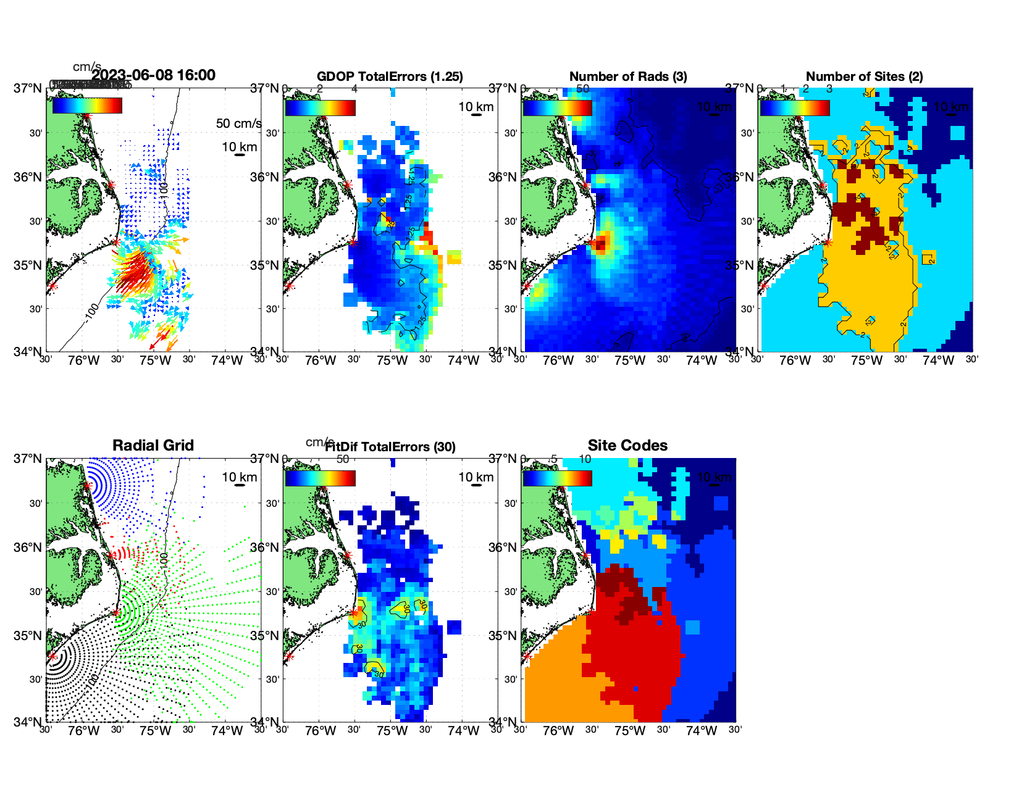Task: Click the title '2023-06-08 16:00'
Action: click(x=154, y=75)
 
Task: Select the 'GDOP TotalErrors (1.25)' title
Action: click(x=390, y=77)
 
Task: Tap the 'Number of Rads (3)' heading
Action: click(x=628, y=77)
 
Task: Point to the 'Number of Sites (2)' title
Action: click(x=865, y=77)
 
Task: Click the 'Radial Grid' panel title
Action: click(x=153, y=446)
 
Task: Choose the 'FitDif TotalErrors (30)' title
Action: click(x=390, y=447)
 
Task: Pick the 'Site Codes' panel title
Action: click(x=627, y=446)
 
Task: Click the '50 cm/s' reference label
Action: click(x=238, y=123)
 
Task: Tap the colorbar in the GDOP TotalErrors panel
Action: click(x=320, y=107)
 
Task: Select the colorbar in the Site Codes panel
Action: click(x=557, y=478)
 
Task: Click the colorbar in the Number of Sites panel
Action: click(x=795, y=107)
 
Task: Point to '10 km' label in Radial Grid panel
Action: click(x=239, y=477)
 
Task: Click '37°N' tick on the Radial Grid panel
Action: click(x=28, y=459)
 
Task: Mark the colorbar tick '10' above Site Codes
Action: click(x=585, y=459)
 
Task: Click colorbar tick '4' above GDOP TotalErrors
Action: click(x=354, y=89)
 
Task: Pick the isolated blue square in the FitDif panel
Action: click(x=454, y=627)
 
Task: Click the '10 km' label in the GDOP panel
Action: click(x=476, y=107)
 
